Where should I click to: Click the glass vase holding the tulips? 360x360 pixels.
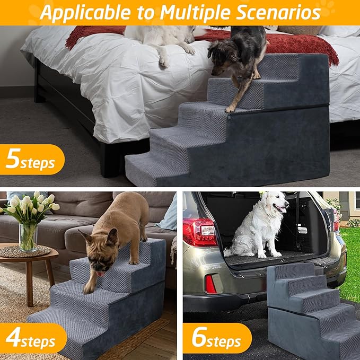[x=27, y=237]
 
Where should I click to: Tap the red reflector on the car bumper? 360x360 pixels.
[x=210, y=284]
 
